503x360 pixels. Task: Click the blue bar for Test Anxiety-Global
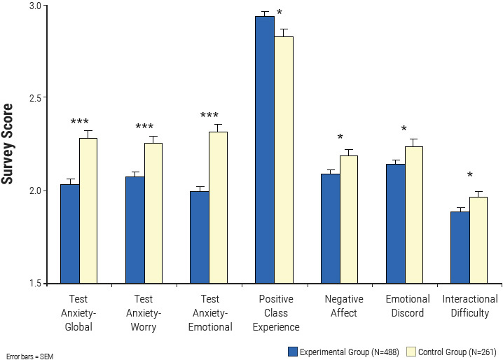tap(70, 234)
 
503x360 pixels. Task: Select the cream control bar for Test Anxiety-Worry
tap(153, 214)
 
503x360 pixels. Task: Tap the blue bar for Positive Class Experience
tap(264, 150)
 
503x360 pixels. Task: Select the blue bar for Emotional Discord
tap(395, 223)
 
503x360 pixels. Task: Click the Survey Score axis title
tap(9, 144)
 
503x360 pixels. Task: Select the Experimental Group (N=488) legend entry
tap(342, 349)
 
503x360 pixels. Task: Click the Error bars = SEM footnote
tap(29, 356)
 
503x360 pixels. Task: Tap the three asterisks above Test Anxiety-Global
tap(80, 123)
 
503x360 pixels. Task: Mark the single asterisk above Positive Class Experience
tap(280, 13)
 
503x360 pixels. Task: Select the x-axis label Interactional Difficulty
tap(469, 306)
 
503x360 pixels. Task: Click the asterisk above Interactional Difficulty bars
tap(470, 176)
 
